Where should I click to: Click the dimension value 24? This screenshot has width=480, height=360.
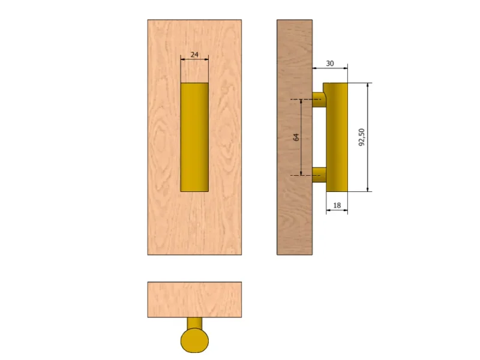194,55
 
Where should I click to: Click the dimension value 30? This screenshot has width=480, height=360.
329,64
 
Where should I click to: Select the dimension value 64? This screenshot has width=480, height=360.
296,137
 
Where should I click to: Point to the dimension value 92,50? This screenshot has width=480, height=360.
362,137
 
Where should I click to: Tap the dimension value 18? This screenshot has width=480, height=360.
337,205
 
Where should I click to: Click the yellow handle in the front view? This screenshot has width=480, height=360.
194,137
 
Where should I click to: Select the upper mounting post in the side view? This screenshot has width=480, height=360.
319,100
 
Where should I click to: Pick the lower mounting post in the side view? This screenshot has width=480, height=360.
319,175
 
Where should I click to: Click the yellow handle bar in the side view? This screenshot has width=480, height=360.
337,137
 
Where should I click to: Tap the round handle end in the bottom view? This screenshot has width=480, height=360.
194,340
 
